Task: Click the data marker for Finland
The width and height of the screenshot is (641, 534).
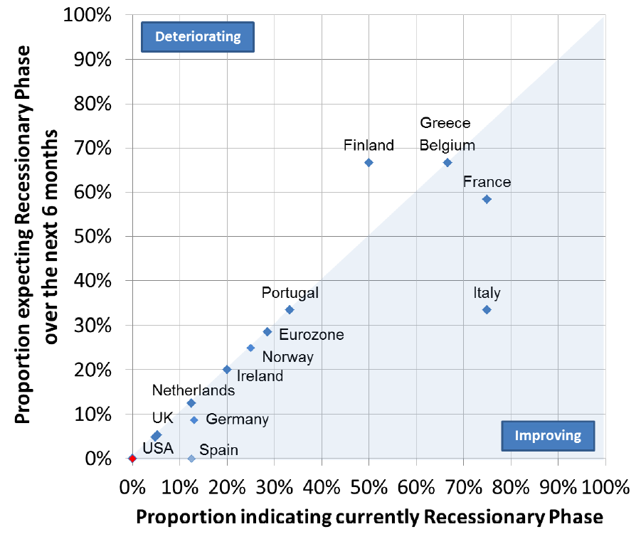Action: click(x=369, y=163)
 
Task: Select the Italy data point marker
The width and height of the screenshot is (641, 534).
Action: click(x=487, y=310)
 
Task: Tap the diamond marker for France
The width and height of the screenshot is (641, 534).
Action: click(x=487, y=200)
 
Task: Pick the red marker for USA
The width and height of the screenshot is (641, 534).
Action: click(x=132, y=459)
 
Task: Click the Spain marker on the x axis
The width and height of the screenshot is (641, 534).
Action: click(x=191, y=459)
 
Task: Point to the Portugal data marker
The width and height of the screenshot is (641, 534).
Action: click(x=290, y=310)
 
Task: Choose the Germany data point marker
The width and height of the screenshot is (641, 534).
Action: click(x=194, y=420)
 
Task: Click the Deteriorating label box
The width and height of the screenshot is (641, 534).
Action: click(x=198, y=37)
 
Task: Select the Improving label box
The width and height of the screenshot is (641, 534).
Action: click(x=548, y=436)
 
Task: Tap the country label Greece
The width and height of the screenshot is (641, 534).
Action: click(x=445, y=123)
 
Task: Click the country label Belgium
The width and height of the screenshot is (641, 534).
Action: click(x=447, y=146)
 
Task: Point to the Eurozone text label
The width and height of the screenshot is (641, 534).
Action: click(x=312, y=335)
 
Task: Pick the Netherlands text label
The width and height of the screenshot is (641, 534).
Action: click(x=194, y=390)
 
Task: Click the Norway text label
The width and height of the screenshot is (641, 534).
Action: click(x=288, y=357)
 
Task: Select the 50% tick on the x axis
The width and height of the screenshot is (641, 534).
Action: click(x=369, y=488)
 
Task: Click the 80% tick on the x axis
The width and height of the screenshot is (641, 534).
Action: click(x=511, y=488)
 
